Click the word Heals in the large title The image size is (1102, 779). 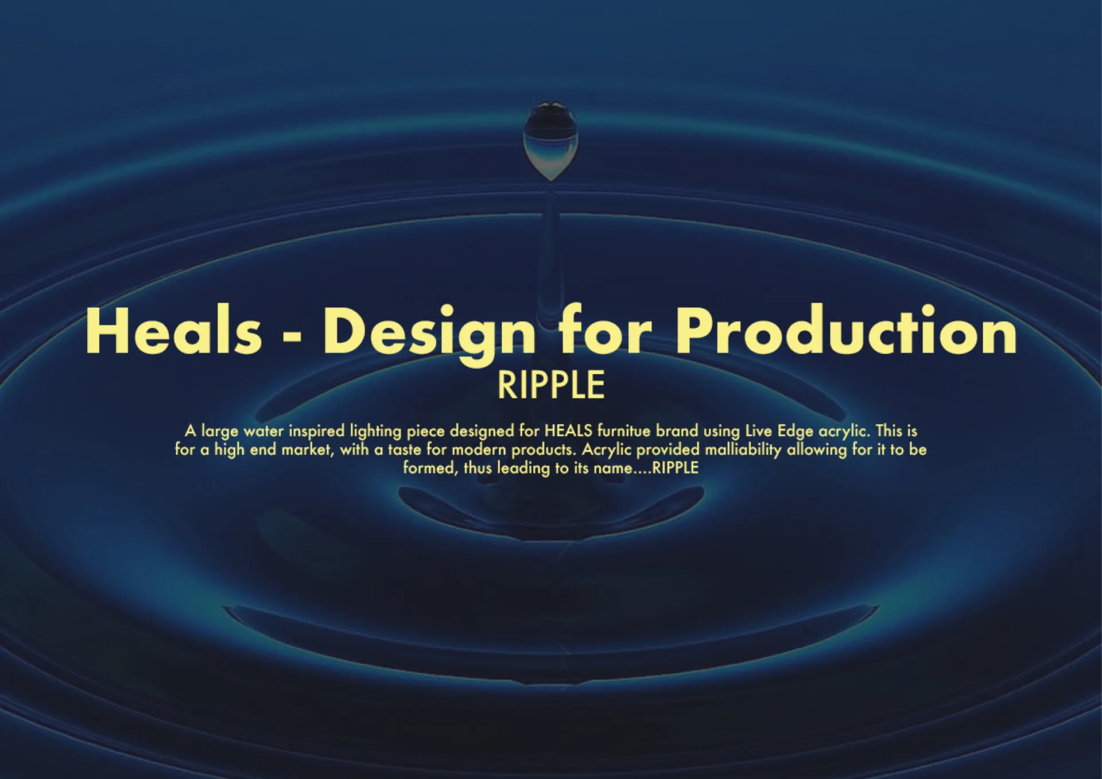coord(174,331)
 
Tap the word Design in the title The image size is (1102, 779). coord(430,335)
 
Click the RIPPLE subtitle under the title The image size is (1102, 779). coord(551,385)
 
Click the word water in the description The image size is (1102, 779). coord(263,431)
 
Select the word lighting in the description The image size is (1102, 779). coord(376,431)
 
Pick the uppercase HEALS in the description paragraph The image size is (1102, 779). coord(568,431)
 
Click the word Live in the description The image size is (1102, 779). coord(759,431)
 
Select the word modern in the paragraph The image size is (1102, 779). coord(479,449)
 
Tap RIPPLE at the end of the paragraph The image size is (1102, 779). coord(676,468)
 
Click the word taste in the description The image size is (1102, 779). coord(405,449)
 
